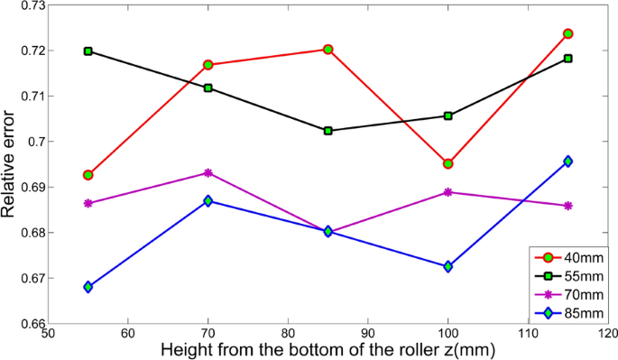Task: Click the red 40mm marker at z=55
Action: [x=88, y=175]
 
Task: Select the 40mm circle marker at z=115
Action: [x=568, y=34]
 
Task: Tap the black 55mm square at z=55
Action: [x=88, y=51]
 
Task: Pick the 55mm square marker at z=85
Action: [x=328, y=131]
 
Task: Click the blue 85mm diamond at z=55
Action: [x=88, y=287]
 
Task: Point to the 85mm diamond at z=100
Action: [x=448, y=267]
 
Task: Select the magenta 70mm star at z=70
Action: [x=208, y=173]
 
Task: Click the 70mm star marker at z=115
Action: [x=568, y=206]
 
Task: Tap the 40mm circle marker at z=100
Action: [x=448, y=164]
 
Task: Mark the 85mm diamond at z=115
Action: [x=568, y=162]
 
